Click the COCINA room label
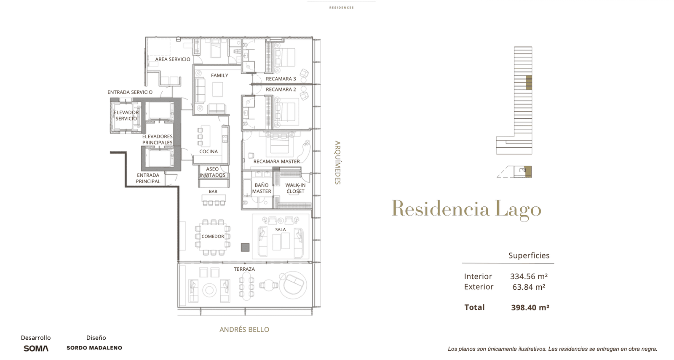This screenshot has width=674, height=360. tap(209, 152)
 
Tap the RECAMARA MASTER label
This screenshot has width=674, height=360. tap(276, 162)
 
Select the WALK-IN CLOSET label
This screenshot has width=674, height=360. tap(295, 188)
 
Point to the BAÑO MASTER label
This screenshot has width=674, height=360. tap(262, 188)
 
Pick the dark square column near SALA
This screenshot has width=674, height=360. tap(245, 247)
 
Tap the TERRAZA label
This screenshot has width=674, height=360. tap(244, 269)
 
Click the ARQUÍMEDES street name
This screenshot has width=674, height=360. tap(338, 163)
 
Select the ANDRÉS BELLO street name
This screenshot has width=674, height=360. tap(244, 330)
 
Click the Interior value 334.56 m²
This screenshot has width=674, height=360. tap(529, 276)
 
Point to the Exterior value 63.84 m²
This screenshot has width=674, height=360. tap(529, 287)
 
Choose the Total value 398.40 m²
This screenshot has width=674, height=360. tap(530, 307)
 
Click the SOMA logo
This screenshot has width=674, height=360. tap(36, 348)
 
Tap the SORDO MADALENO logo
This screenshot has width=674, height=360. tap(94, 348)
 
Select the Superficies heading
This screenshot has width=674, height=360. tap(529, 255)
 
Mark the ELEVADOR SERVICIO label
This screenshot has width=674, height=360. tap(126, 115)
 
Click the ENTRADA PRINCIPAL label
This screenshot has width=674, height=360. tap(148, 179)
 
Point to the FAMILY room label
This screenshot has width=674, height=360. tap(219, 75)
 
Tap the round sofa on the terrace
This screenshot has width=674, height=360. tap(293, 285)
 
